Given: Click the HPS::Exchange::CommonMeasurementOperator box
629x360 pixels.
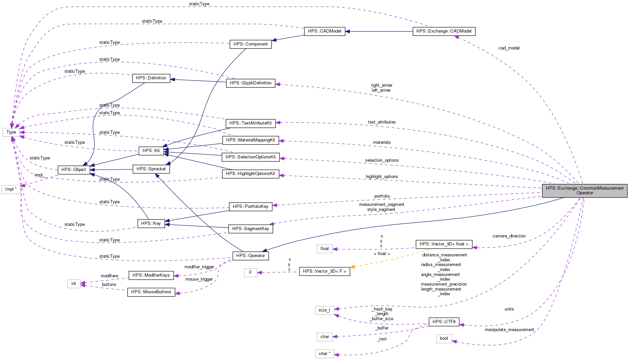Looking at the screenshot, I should pos(584,191).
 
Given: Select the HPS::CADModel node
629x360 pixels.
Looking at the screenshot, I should pos(324,31).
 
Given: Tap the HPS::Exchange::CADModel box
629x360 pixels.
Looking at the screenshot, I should pos(444,31).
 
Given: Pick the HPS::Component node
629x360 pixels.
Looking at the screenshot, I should pos(251,44).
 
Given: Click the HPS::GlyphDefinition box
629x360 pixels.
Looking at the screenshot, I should pos(251,83).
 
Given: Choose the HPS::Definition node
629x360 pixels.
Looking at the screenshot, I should pos(151,78).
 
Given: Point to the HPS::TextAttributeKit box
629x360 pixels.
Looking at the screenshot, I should pos(251,123).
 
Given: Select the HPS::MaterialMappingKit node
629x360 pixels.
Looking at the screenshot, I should pos(251,140).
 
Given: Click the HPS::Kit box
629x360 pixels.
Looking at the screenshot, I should pos(151,151).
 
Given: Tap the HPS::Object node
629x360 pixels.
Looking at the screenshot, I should pos(73,170).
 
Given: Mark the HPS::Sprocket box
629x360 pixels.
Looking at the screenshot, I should pos(151,169).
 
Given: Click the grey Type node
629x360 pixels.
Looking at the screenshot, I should pos(11,132).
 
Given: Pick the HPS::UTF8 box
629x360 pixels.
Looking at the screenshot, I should pos(444,322).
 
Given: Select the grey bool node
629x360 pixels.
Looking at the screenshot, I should pos(444,338).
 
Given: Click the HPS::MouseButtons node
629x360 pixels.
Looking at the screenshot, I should pos(151,292).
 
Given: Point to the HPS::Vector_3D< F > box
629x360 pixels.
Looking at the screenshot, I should pos(324,271).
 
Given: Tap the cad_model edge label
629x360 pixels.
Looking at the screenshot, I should pos(509,48).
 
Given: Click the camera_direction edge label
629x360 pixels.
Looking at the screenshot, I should pos(509,236).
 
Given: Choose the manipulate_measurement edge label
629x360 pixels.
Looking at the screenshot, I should pos(509,330).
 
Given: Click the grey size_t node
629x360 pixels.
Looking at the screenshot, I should pos(324,310).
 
